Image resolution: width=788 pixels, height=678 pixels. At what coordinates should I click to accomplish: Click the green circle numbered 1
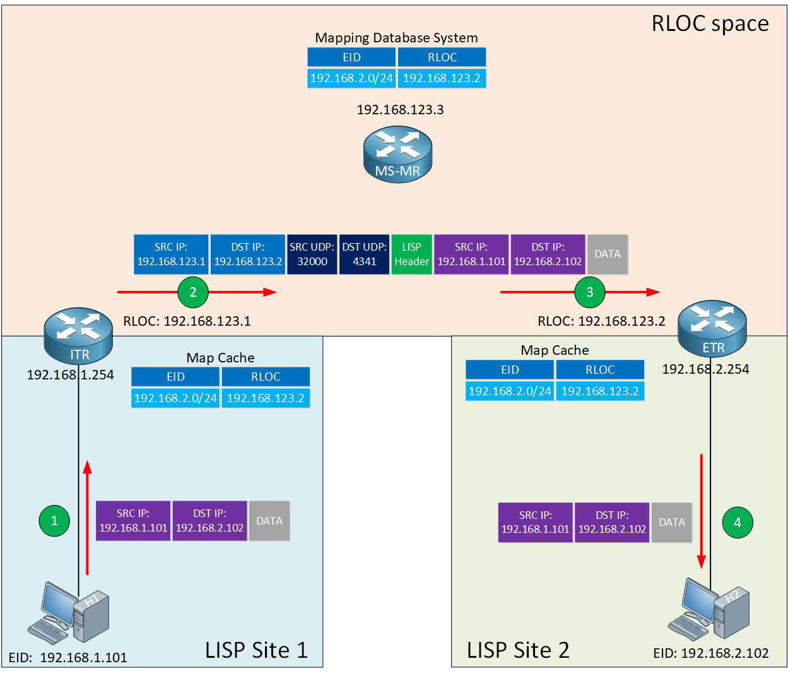(54, 521)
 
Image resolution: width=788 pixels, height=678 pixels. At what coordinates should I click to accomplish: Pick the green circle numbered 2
(193, 292)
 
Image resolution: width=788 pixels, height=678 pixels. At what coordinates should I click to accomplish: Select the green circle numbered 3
(590, 292)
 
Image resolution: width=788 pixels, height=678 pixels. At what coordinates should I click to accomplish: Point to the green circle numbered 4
(738, 523)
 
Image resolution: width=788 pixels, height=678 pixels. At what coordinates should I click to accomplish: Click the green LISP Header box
(411, 254)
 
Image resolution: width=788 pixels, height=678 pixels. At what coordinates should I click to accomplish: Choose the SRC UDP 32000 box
(312, 254)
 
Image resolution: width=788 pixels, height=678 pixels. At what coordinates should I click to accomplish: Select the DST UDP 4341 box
(364, 254)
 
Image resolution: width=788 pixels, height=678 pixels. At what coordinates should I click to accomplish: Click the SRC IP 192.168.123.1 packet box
(171, 254)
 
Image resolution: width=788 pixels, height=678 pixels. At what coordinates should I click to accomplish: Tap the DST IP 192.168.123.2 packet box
(248, 254)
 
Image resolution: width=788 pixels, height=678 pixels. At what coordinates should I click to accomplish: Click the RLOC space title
(710, 24)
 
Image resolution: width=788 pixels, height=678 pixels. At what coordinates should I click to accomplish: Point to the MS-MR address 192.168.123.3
(400, 110)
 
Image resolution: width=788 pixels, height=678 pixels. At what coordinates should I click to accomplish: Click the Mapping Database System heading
(396, 38)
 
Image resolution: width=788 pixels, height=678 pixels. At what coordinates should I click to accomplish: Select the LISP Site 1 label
(256, 650)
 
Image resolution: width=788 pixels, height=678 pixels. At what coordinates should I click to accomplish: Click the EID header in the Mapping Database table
(351, 57)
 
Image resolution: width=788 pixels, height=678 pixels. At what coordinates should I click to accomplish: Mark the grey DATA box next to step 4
(671, 523)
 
